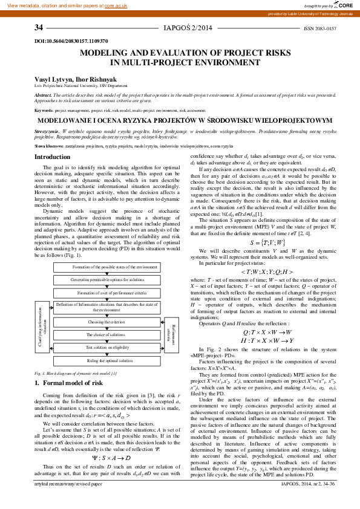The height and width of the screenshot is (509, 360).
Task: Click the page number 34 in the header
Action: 39,28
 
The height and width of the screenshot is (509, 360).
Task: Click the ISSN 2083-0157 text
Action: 319,28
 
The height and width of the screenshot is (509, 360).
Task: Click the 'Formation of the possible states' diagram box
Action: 106,267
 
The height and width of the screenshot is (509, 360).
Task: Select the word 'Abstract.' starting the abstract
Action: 44,95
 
